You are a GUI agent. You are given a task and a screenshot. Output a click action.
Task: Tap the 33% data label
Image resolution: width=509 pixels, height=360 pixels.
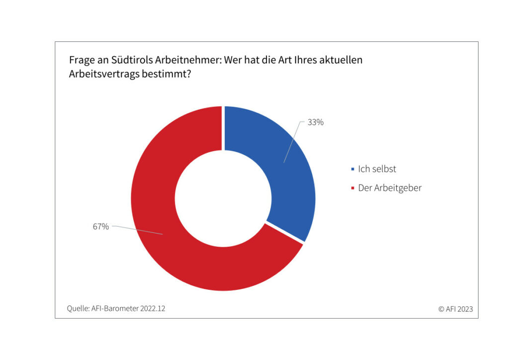point(315,122)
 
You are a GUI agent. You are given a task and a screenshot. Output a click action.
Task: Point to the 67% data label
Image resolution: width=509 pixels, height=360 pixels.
point(100,227)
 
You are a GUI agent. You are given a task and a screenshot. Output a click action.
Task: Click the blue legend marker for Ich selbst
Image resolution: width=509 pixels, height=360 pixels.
point(352,169)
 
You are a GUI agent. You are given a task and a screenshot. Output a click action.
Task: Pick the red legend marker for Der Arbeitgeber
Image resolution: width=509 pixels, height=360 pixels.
point(352,188)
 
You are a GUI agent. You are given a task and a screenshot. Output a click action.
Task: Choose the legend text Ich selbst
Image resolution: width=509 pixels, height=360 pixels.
point(377,169)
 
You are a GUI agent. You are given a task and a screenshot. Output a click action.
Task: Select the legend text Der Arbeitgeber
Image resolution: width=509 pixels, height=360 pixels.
point(390,188)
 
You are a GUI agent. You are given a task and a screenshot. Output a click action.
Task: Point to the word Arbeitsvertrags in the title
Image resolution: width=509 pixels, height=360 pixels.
point(99,75)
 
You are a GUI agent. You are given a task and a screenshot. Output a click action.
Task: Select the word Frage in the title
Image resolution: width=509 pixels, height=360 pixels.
point(81,61)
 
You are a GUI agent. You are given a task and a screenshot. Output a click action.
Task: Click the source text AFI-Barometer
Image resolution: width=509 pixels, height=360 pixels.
point(114,308)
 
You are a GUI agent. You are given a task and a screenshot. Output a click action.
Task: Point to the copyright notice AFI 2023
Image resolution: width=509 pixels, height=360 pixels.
point(458,309)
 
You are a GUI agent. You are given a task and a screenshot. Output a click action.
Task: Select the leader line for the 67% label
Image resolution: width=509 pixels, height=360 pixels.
point(137,230)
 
